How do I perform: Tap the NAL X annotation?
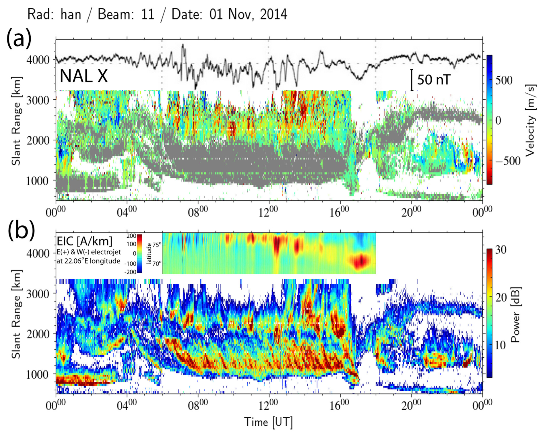coord(84,76)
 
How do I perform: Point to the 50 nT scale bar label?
coord(434,80)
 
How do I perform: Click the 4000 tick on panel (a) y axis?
coord(38,60)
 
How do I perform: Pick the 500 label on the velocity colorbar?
coord(504,81)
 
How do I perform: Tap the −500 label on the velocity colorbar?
coord(507,161)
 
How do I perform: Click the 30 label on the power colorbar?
coord(501,250)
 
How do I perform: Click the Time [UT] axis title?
coord(268,422)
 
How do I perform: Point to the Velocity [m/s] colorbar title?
coord(530,120)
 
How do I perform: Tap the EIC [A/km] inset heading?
coord(84,241)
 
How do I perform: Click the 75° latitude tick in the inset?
coord(157,245)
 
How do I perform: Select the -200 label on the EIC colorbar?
coord(130,272)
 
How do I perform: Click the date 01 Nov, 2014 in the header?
coord(248,14)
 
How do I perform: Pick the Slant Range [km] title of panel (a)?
coord(16,121)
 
